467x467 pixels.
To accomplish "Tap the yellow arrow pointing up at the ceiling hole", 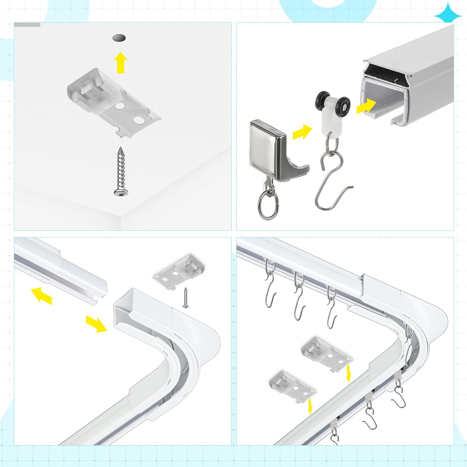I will tap(120, 63).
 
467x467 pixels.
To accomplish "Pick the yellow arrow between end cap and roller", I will tap(302, 132).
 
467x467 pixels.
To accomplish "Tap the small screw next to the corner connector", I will tap(186, 298).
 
